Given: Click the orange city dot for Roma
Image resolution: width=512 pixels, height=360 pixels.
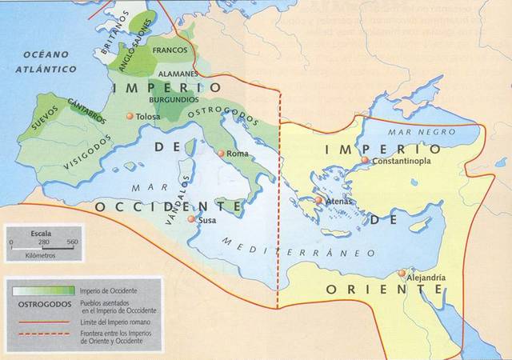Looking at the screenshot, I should click(x=221, y=153).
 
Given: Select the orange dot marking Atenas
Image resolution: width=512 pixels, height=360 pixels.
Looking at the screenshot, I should click(x=318, y=201).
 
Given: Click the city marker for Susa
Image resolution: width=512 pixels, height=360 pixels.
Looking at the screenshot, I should click(x=190, y=218).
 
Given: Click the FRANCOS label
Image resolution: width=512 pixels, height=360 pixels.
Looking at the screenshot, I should click(x=169, y=50).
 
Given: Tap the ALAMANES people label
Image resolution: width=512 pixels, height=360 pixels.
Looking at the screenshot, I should click(x=178, y=73).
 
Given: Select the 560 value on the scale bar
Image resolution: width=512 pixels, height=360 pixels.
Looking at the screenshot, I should click(x=71, y=241).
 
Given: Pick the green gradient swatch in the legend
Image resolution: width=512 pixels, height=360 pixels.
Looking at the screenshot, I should click(x=42, y=289).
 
